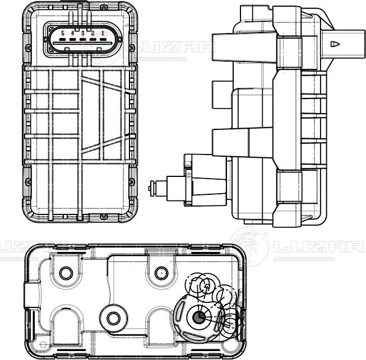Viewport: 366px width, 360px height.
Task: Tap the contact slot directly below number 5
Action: (x=63, y=41)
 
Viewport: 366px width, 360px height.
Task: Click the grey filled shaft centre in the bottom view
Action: (x=199, y=318)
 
